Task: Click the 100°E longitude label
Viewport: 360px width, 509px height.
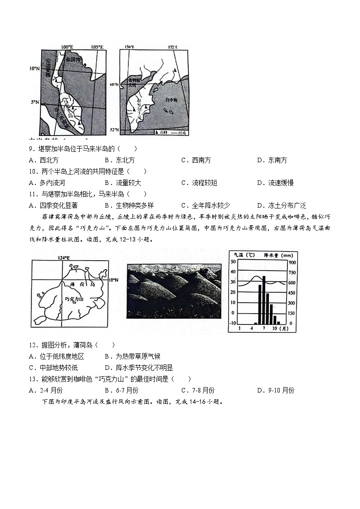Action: [67, 47]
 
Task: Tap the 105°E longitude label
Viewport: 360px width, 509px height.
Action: [97, 47]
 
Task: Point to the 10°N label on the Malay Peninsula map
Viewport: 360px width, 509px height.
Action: [35, 68]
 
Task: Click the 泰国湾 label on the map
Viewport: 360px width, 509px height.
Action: [73, 59]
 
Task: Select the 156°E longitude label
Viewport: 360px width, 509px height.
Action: [129, 47]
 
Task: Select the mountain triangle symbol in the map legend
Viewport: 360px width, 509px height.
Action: [158, 133]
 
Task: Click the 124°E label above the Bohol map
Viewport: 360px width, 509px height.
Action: [64, 258]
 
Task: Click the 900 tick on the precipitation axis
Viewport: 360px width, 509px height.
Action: [292, 262]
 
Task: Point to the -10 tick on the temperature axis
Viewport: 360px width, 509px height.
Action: [233, 323]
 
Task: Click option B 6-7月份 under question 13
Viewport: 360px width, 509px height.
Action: [122, 390]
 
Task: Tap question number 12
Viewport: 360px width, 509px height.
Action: [32, 345]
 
